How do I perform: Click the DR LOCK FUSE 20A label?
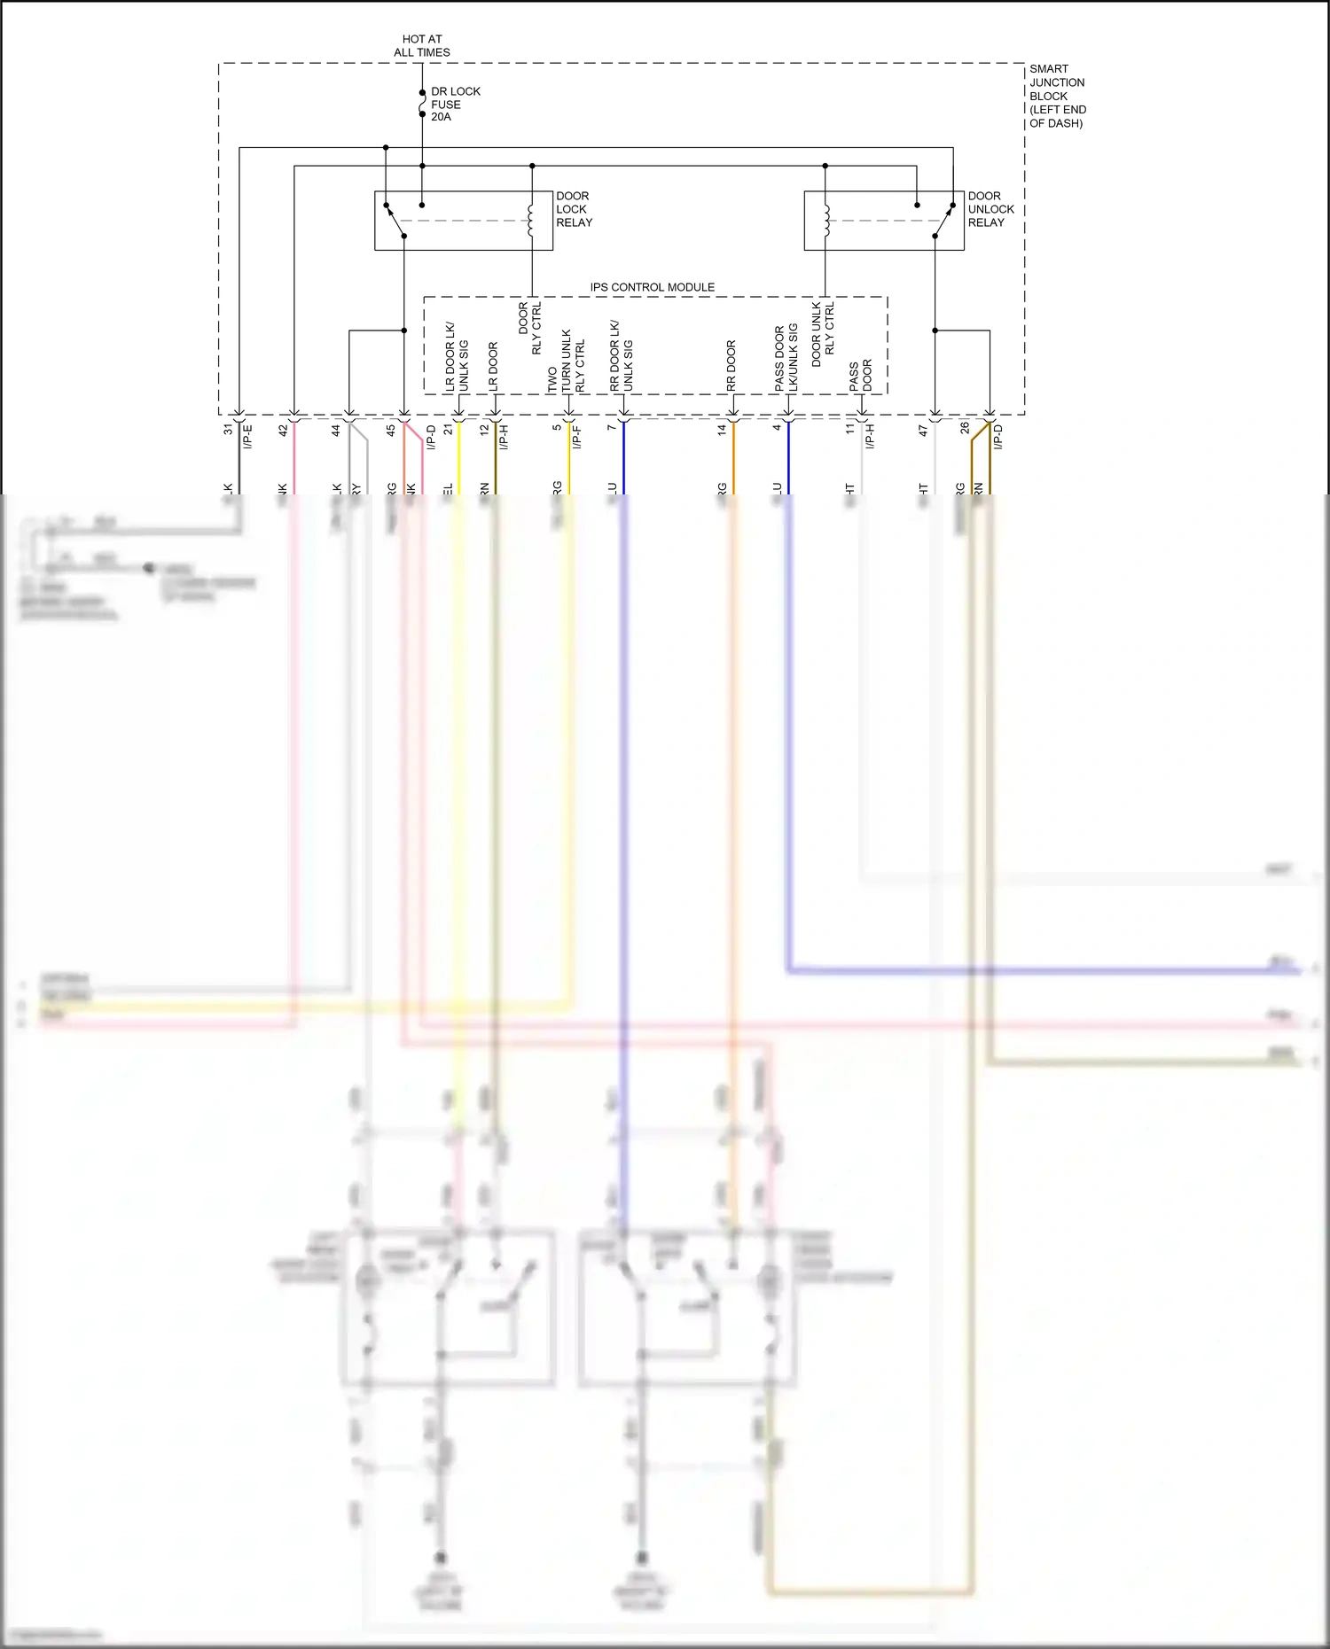pos(455,104)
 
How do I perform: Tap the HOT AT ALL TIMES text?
pos(422,45)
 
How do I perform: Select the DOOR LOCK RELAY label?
pos(574,209)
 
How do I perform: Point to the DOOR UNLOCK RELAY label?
pos(990,209)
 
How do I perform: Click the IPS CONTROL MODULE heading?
pos(652,287)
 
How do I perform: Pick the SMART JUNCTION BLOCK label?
pos(1057,96)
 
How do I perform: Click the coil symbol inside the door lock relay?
pos(531,221)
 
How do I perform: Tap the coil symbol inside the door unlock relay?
pos(825,221)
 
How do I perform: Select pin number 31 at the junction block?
pos(228,429)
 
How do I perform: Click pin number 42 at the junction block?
pos(283,430)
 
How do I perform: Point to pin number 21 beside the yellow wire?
pos(449,429)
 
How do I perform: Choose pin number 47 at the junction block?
pos(923,430)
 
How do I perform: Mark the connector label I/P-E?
pos(248,436)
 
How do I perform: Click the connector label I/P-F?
pos(576,436)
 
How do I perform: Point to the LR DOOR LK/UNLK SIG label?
pos(456,357)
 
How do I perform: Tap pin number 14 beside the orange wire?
pos(722,429)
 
